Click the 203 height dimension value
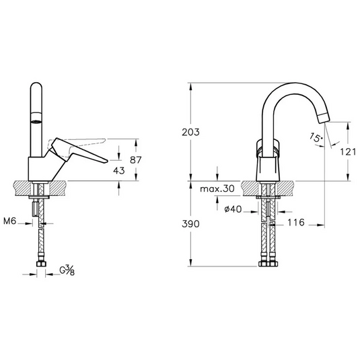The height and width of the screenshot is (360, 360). (x=191, y=133)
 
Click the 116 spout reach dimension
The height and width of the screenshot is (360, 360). (x=297, y=222)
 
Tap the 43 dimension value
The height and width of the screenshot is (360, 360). (x=118, y=171)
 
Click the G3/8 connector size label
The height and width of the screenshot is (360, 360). (x=67, y=271)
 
